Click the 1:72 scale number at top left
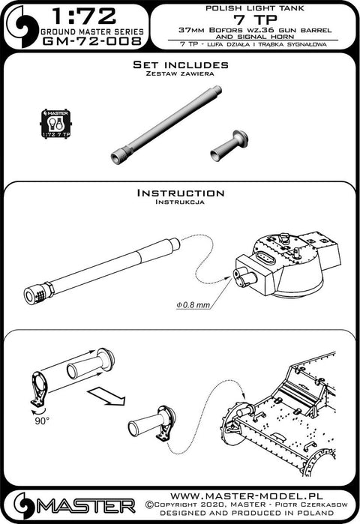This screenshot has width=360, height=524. tap(84, 16)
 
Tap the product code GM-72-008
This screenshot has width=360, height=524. tap(92, 41)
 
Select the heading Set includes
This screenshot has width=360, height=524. tap(181, 64)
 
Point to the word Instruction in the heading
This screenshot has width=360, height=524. tap(181, 193)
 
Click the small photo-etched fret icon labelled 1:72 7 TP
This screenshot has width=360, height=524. tap(55, 123)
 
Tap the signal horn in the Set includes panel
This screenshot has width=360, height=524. tap(229, 145)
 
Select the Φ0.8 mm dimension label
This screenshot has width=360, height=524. tap(189, 305)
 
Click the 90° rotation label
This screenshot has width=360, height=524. tap(42, 421)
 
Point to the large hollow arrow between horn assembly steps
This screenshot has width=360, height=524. tap(106, 397)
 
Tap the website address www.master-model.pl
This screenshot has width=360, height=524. tap(246, 496)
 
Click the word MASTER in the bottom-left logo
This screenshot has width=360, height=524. tap(86, 506)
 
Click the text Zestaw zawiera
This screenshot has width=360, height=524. tap(180, 73)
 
